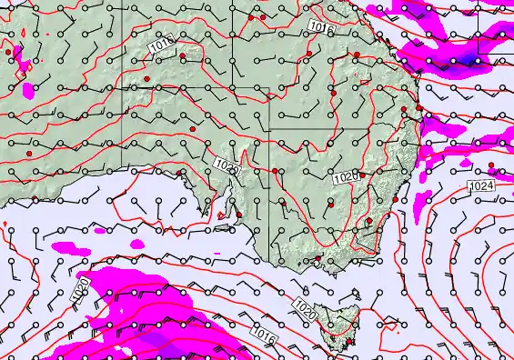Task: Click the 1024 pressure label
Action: coord(482,186)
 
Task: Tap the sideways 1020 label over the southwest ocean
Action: coord(81,289)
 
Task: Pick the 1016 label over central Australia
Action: coord(161,43)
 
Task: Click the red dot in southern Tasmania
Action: coord(349,342)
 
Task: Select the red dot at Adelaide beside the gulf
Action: coord(238,215)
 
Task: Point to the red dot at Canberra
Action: coord(368,221)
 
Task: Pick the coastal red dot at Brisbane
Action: coord(418,108)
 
